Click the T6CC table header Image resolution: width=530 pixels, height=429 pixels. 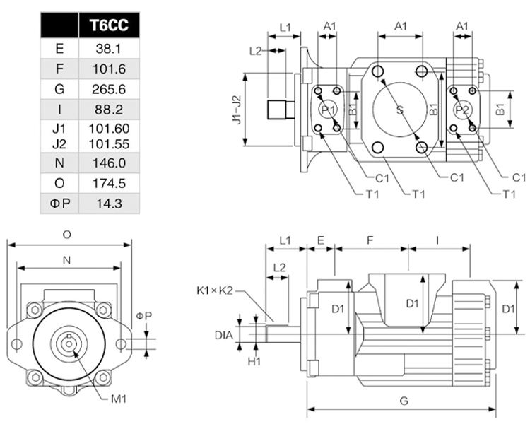109,25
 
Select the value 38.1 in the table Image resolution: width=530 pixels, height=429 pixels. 108,49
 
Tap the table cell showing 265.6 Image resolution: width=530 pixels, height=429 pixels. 109,89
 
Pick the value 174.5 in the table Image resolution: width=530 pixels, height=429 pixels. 109,183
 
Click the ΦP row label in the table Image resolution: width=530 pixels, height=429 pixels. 59,204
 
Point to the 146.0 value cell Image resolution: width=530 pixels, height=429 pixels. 109,163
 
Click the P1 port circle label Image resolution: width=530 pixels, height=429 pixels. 328,110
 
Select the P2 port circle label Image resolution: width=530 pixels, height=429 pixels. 462,110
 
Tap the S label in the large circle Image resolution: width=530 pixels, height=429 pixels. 400,110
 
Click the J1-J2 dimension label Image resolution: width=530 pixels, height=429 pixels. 237,110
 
